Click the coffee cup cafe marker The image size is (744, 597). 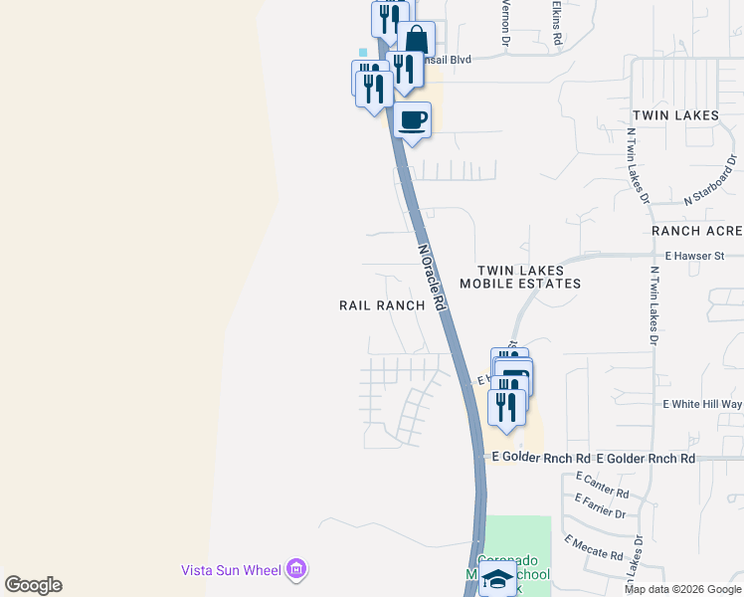pos(413,120)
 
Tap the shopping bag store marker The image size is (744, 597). pos(416,42)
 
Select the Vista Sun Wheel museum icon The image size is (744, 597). pos(295,570)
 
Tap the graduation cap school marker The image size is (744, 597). pos(497,579)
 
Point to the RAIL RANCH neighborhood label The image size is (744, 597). pos(382,305)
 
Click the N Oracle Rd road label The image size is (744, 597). pos(431,280)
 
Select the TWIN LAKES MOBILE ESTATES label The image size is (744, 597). pos(527,277)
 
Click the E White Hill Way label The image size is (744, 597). pos(702,404)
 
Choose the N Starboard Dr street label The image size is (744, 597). pos(709,180)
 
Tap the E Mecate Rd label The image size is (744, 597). pos(594,548)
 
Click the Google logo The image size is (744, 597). pos(33,585)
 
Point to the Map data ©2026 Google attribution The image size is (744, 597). pos(682,589)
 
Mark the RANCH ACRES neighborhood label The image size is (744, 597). pos(697,231)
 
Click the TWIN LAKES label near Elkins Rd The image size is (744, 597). pos(675,115)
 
